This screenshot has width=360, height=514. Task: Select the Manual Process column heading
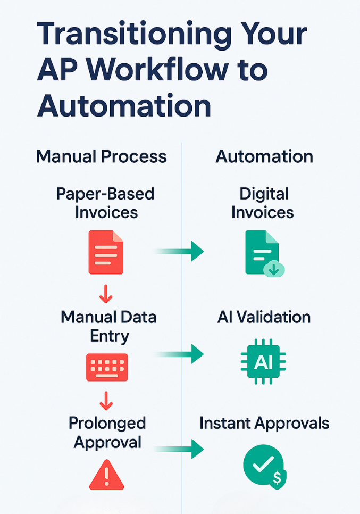click(x=101, y=156)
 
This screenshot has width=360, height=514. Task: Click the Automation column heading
click(x=264, y=156)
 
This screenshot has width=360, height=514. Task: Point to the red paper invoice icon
click(x=106, y=252)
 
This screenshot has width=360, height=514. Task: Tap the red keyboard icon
click(x=106, y=367)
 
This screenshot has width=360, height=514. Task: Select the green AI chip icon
click(x=263, y=362)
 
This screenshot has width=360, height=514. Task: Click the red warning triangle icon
click(x=106, y=475)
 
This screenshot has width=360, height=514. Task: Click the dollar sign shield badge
click(x=277, y=478)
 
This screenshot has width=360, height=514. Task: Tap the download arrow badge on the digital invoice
click(x=274, y=269)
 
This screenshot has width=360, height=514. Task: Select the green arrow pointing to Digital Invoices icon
click(x=181, y=251)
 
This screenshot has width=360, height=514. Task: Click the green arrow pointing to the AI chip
click(x=181, y=353)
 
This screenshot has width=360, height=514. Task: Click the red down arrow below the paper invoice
click(x=106, y=293)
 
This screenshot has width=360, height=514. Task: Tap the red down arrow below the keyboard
click(x=106, y=400)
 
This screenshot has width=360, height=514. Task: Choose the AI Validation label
click(x=264, y=317)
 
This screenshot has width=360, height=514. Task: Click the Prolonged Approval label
click(x=107, y=433)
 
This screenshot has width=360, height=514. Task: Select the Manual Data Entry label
click(x=108, y=327)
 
